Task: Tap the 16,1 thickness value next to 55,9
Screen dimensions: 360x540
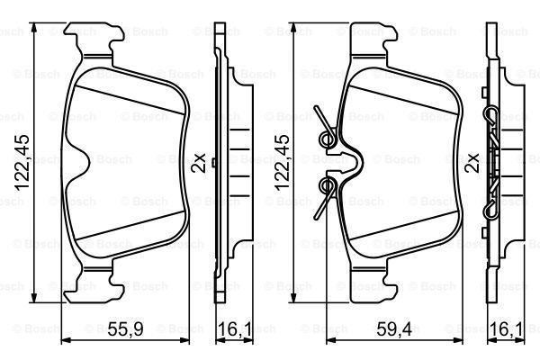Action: tap(234, 331)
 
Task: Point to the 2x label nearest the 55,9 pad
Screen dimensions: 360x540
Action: tap(200, 161)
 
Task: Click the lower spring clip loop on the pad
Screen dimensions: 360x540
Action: tap(328, 186)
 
